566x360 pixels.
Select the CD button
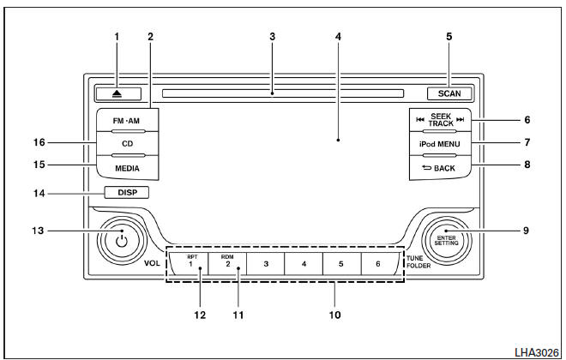pos(125,144)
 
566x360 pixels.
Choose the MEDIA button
pos(125,167)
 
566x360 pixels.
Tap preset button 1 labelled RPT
pos(193,263)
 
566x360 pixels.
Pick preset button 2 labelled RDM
pos(229,263)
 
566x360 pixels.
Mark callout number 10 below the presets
pos(336,315)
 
